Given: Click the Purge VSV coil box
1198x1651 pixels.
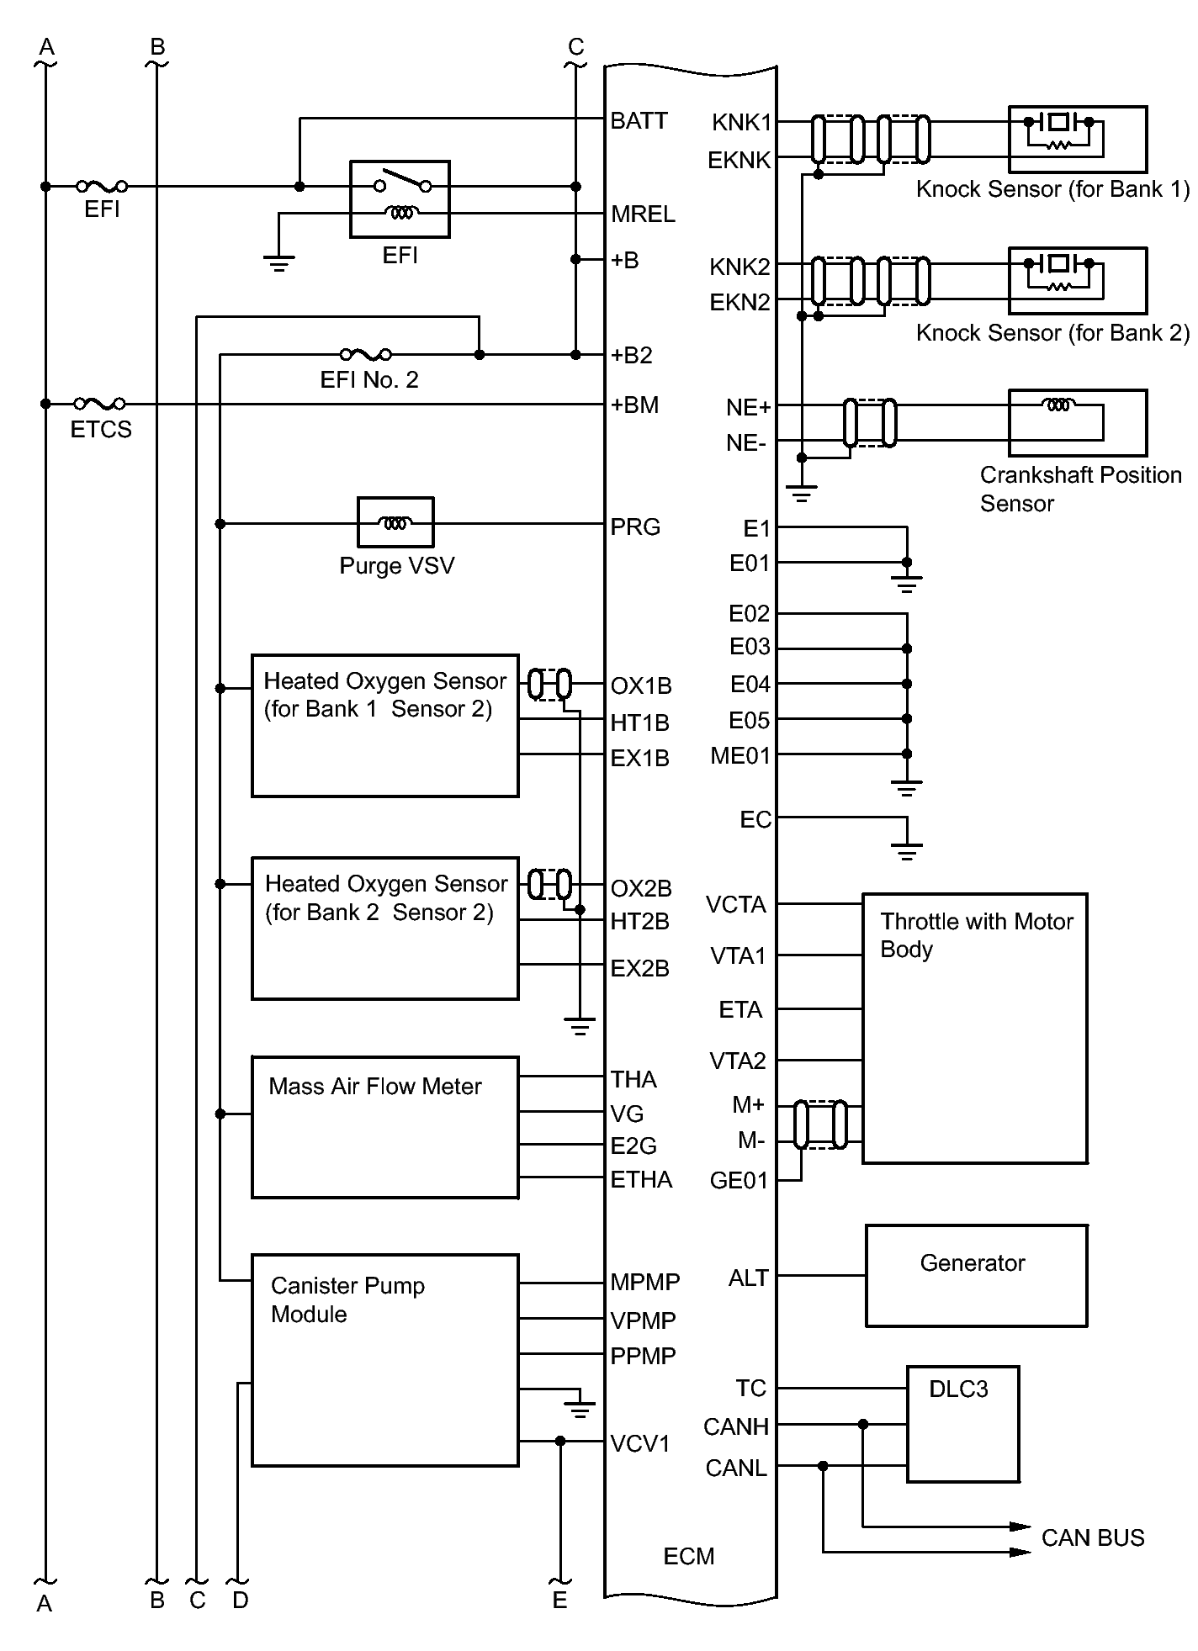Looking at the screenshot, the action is pyautogui.click(x=395, y=522).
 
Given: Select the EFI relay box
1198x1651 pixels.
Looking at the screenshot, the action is pyautogui.click(x=400, y=199).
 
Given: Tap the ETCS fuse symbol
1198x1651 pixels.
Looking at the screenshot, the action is pyautogui.click(x=100, y=404).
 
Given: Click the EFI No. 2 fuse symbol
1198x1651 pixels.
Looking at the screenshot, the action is pyautogui.click(x=365, y=354).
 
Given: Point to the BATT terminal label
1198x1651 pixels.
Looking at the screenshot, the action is pyautogui.click(x=639, y=121).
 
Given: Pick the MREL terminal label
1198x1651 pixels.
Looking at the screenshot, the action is pyautogui.click(x=643, y=214).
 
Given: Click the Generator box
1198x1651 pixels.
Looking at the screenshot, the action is pyautogui.click(x=977, y=1276).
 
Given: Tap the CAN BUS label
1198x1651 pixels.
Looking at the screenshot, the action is pyautogui.click(x=1093, y=1538).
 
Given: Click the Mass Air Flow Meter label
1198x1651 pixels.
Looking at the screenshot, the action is pyautogui.click(x=374, y=1087).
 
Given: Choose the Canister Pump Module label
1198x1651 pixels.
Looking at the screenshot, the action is pyautogui.click(x=347, y=1299).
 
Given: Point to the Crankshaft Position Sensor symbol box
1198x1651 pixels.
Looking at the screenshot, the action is pyautogui.click(x=1078, y=422).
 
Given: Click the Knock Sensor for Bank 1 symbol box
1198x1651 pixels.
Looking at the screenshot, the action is pyautogui.click(x=1078, y=139).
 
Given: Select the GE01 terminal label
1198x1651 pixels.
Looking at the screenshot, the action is pyautogui.click(x=739, y=1181).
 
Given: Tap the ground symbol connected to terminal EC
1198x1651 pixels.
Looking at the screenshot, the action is pyautogui.click(x=906, y=851).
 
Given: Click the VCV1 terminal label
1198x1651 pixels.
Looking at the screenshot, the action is pyautogui.click(x=640, y=1444).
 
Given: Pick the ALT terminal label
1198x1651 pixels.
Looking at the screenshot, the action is pyautogui.click(x=748, y=1278).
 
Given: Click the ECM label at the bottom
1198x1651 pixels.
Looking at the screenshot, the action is pyautogui.click(x=689, y=1556).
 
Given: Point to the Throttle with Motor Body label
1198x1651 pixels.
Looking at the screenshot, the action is pyautogui.click(x=977, y=935).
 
